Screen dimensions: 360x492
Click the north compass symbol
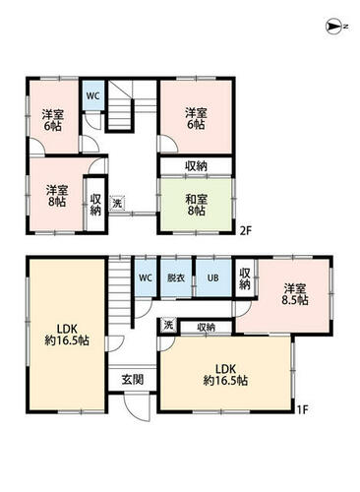tap(336, 27)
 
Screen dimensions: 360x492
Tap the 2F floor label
tap(245, 231)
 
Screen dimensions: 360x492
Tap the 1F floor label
tap(302, 409)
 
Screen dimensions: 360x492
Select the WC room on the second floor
tap(93, 95)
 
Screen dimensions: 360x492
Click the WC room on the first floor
tap(146, 277)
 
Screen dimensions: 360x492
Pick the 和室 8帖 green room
tap(196, 205)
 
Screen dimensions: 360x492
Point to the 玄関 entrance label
tap(133, 380)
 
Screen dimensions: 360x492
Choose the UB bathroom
tap(213, 277)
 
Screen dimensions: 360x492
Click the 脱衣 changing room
tap(176, 277)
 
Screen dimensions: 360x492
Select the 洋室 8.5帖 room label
tap(295, 294)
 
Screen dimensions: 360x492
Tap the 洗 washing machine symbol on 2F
tap(117, 203)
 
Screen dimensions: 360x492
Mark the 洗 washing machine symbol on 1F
tap(168, 326)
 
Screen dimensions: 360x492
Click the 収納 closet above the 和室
tap(196, 166)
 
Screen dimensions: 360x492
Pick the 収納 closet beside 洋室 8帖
tap(95, 205)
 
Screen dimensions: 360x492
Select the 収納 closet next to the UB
tap(245, 278)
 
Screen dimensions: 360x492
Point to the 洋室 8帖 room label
tap(57, 196)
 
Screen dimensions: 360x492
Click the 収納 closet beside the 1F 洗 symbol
tap(207, 327)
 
